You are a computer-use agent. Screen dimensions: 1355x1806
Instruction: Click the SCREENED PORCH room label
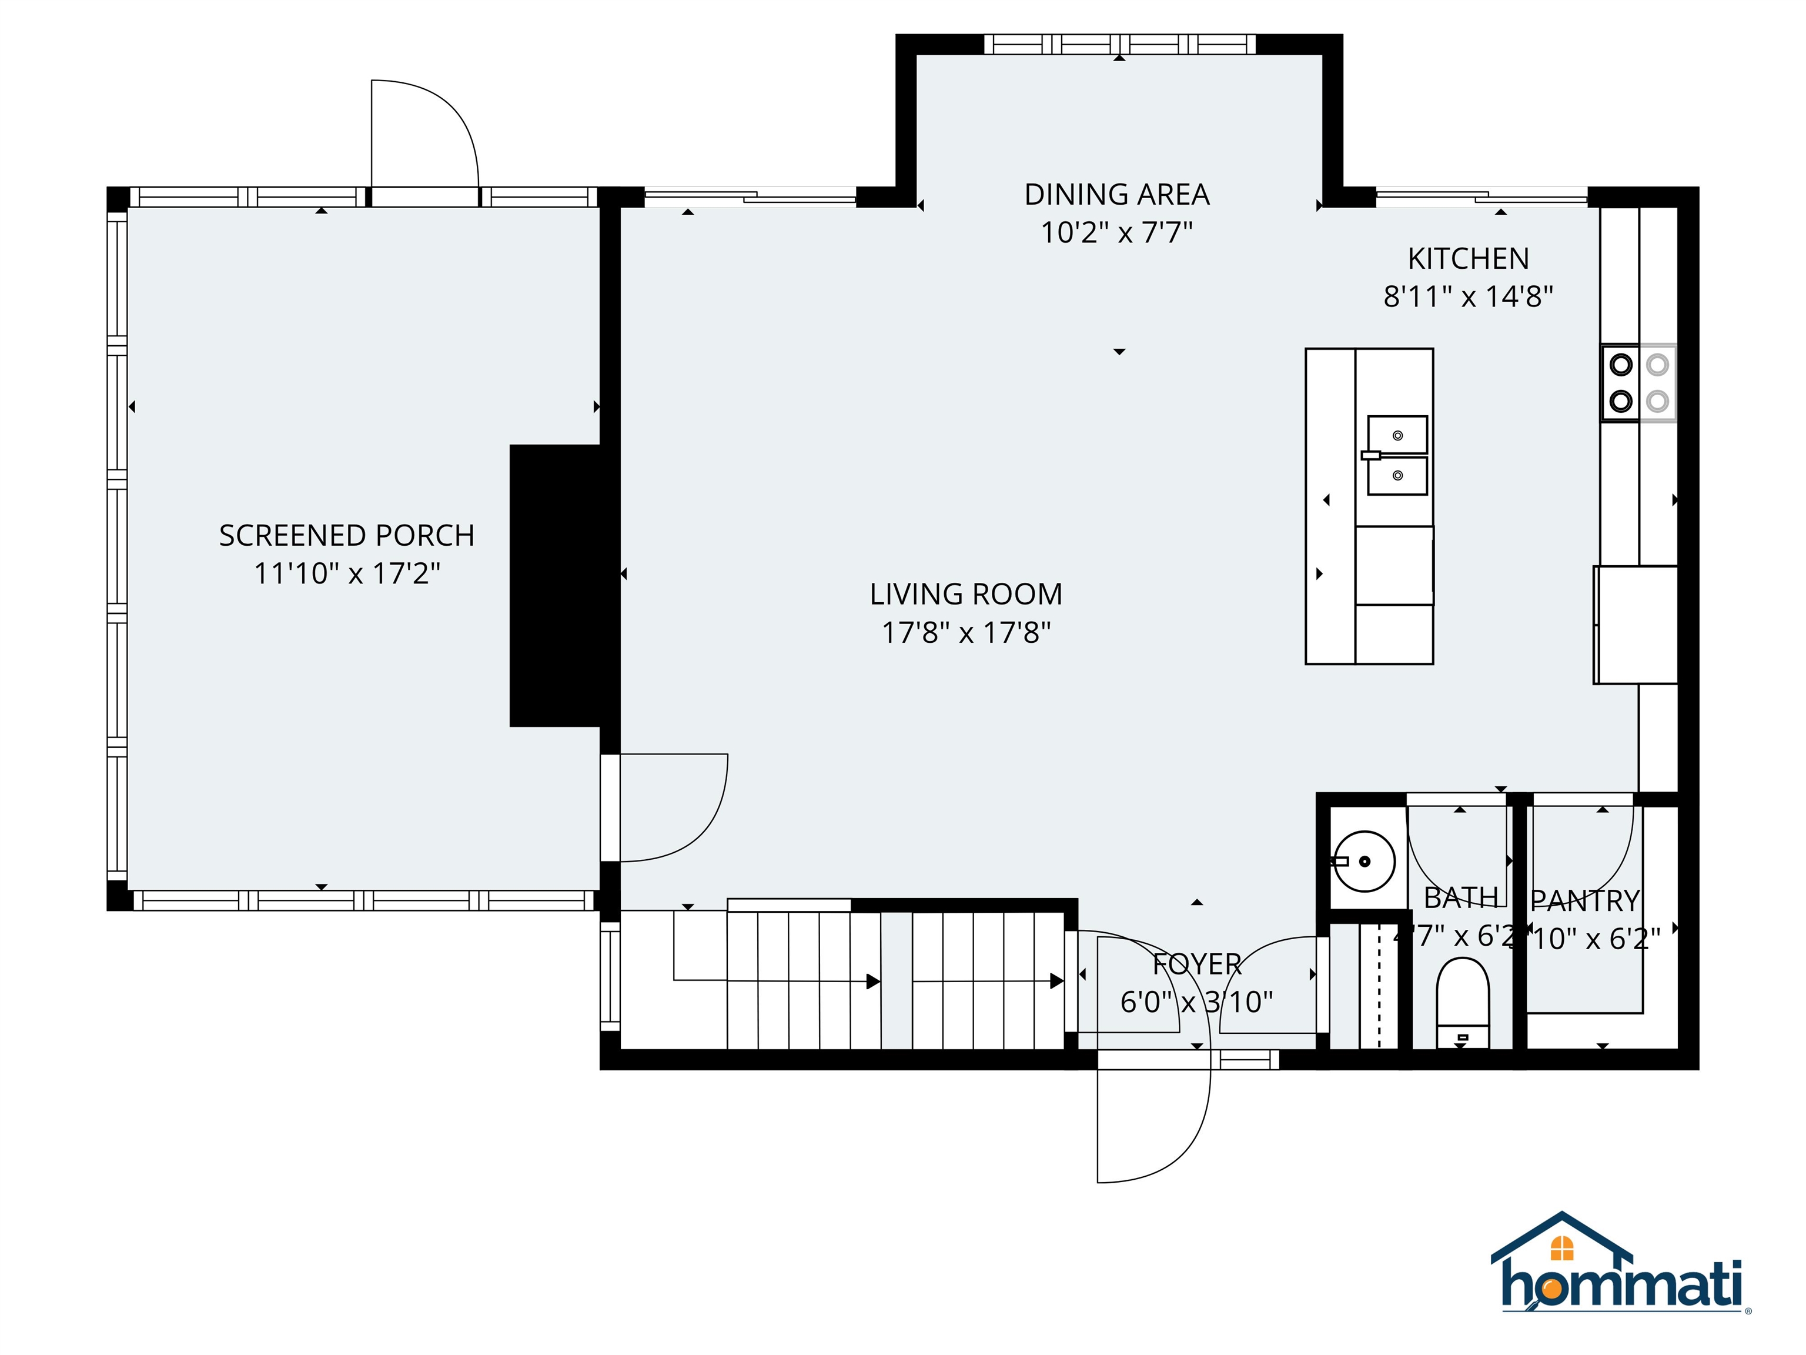point(346,536)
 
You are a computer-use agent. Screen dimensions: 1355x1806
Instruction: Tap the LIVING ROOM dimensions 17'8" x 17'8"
point(966,632)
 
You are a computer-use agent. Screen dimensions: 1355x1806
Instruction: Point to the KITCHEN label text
point(1468,259)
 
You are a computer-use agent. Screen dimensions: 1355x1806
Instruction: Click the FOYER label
point(1197,964)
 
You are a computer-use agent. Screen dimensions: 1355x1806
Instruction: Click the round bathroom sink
point(1363,861)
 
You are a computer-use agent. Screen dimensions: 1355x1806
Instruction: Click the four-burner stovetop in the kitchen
point(1638,383)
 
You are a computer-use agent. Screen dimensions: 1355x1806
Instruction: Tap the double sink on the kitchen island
point(1397,455)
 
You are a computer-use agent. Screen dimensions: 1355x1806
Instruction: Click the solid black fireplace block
point(555,586)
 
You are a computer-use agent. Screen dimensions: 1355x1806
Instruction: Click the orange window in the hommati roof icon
point(1562,1248)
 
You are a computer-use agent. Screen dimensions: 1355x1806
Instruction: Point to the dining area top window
point(1119,44)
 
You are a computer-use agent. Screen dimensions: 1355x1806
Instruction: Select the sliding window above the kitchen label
point(1482,196)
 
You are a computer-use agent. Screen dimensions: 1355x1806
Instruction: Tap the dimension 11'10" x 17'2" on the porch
point(346,573)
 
